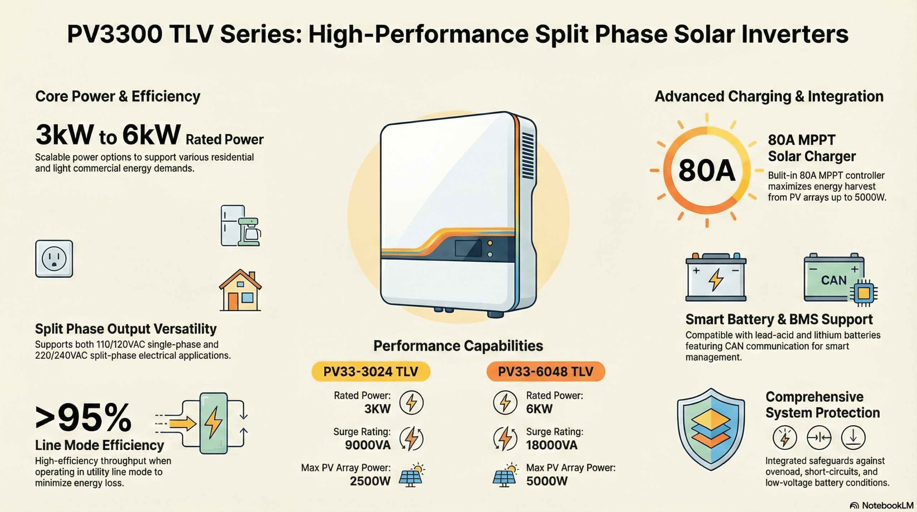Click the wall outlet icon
(x=54, y=259)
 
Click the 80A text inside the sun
(x=707, y=171)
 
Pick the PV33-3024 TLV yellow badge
(x=371, y=372)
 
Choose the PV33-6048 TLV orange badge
(x=546, y=372)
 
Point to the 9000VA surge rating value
(x=368, y=445)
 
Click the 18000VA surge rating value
(x=552, y=445)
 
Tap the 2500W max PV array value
(x=370, y=481)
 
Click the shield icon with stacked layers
(x=711, y=429)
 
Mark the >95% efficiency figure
(x=83, y=418)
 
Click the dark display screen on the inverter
(x=468, y=248)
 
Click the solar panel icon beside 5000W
(x=505, y=475)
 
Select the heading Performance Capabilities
(x=458, y=346)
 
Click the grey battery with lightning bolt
(x=716, y=277)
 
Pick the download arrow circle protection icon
(x=853, y=437)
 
